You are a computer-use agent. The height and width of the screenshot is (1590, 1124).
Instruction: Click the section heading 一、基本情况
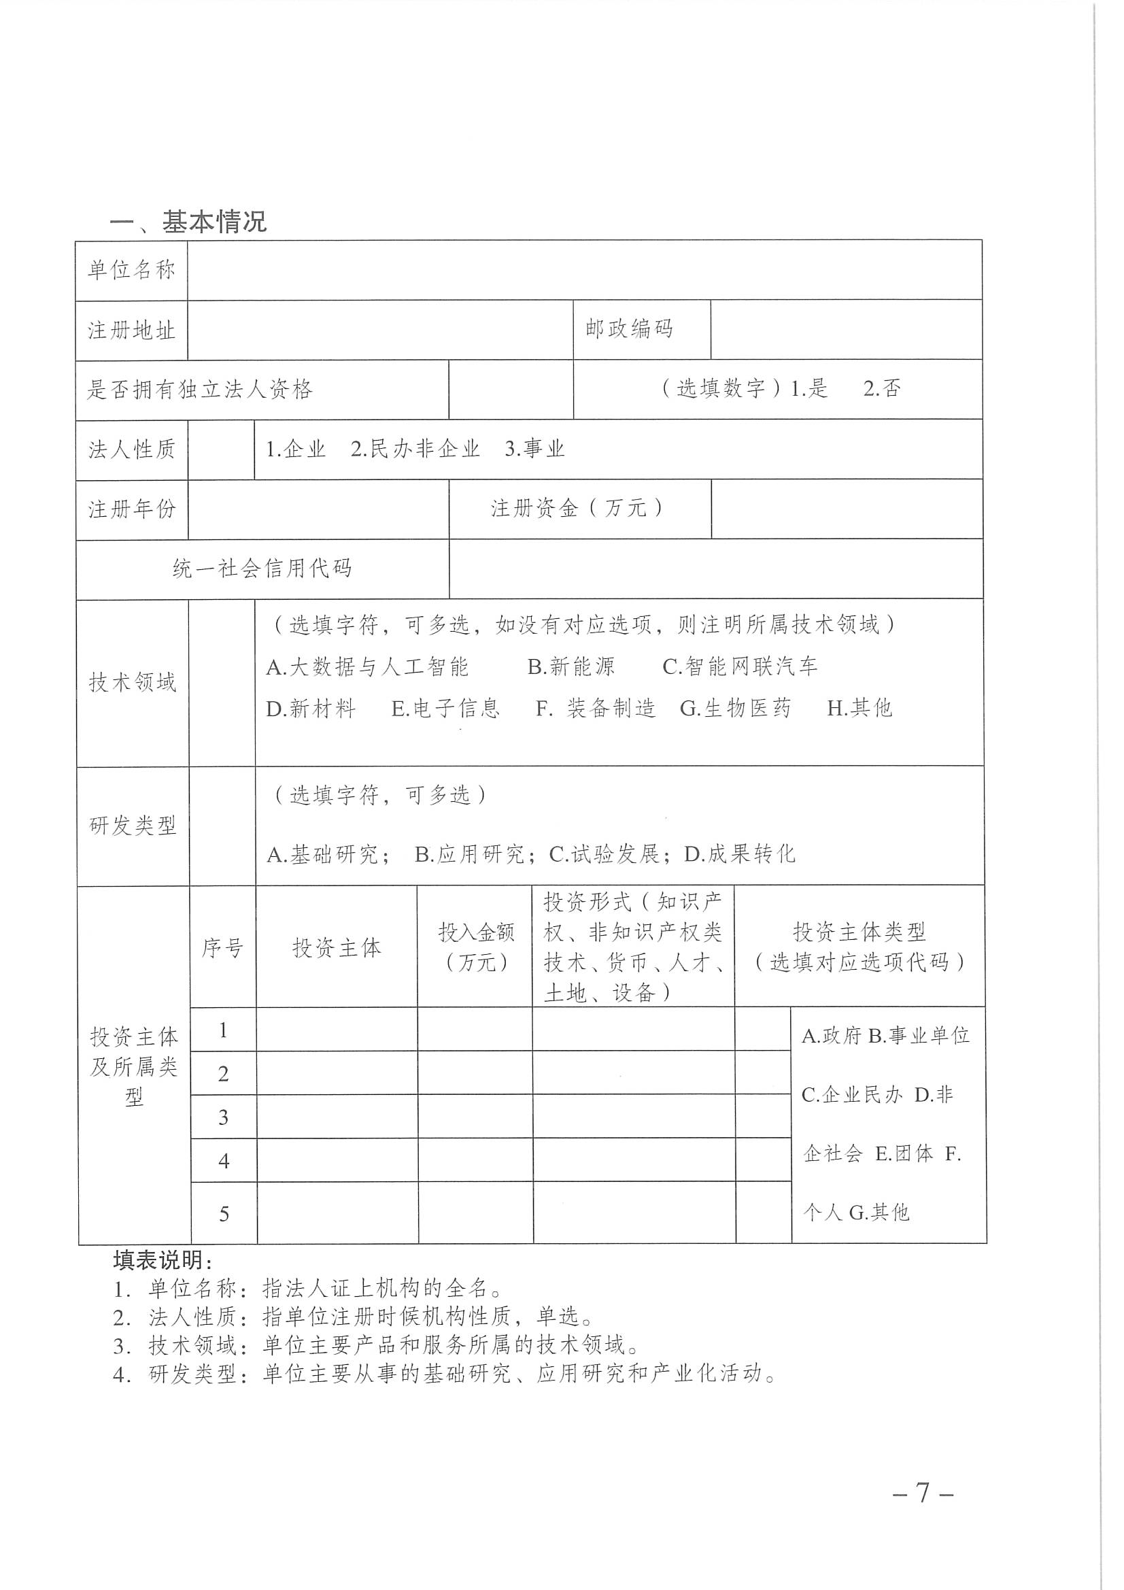pyautogui.click(x=188, y=222)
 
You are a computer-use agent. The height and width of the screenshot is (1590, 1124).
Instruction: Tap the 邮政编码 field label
pyautogui.click(x=629, y=329)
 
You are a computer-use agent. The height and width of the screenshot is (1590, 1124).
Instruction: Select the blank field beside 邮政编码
pyautogui.click(x=846, y=330)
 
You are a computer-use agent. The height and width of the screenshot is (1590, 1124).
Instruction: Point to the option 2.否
pyautogui.click(x=882, y=388)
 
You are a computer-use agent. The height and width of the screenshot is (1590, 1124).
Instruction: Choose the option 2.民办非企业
pyautogui.click(x=415, y=449)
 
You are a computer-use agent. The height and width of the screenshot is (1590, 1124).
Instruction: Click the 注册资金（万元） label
pyautogui.click(x=578, y=508)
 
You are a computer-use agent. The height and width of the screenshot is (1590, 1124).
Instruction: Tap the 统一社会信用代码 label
pyautogui.click(x=262, y=569)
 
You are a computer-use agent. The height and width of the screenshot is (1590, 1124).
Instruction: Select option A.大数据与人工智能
pyautogui.click(x=368, y=666)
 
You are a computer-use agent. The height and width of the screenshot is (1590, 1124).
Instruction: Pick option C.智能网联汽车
pyautogui.click(x=740, y=666)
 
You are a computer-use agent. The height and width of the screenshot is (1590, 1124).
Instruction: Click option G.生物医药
pyautogui.click(x=735, y=708)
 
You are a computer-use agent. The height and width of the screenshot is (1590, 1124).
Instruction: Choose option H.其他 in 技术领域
pyautogui.click(x=859, y=708)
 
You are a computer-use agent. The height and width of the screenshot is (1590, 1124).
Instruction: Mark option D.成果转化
pyautogui.click(x=740, y=854)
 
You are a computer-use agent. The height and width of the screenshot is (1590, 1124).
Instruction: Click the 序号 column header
pyautogui.click(x=222, y=947)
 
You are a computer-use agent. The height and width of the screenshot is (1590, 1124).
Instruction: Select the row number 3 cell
pyautogui.click(x=223, y=1117)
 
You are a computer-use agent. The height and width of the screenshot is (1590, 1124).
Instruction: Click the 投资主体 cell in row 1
pyautogui.click(x=337, y=1029)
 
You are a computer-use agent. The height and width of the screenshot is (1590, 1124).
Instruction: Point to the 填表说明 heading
pyautogui.click(x=163, y=1259)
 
